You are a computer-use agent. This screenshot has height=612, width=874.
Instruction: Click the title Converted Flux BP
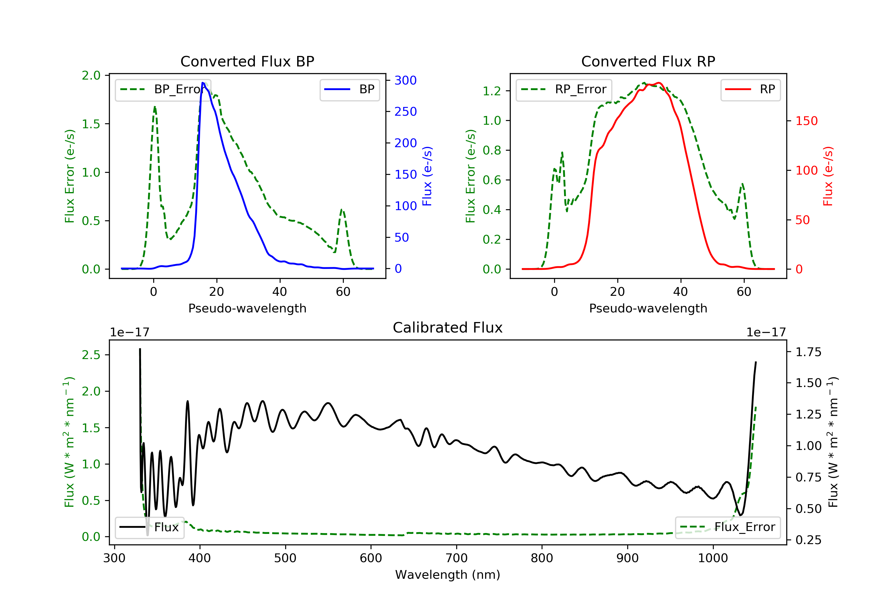click(x=247, y=61)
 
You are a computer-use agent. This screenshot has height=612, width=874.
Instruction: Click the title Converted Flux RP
click(x=648, y=61)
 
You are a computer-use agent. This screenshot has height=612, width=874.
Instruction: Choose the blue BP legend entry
click(x=349, y=89)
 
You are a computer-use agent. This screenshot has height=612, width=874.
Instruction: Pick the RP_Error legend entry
click(x=564, y=89)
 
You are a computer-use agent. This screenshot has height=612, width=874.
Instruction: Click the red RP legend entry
click(x=750, y=89)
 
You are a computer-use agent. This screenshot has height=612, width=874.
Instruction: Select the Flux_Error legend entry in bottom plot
click(x=727, y=527)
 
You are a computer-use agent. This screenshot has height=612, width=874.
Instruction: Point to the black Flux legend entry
click(x=149, y=527)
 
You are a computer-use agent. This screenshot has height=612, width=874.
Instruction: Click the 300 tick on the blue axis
click(x=406, y=80)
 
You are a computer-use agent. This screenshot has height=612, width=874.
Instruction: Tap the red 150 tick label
click(x=807, y=121)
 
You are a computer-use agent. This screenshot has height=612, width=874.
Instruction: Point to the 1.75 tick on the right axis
click(x=808, y=352)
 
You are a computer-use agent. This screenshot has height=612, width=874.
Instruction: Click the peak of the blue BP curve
click(x=203, y=83)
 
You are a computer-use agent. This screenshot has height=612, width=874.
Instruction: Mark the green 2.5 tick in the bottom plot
click(x=91, y=355)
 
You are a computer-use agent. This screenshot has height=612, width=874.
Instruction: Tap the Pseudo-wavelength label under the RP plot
click(x=648, y=308)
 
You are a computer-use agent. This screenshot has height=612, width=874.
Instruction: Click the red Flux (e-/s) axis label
click(x=828, y=176)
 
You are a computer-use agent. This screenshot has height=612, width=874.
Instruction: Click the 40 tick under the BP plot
click(x=280, y=292)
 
